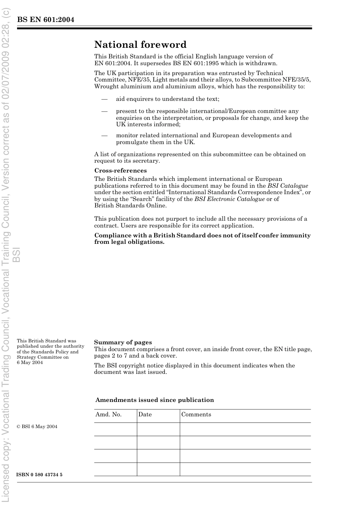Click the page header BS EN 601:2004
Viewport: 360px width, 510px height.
click(x=45, y=20)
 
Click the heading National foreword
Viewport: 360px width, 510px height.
click(x=140, y=45)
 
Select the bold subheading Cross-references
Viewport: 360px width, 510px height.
click(x=121, y=171)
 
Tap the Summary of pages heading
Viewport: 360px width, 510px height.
click(x=123, y=342)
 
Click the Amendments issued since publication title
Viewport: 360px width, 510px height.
click(x=155, y=400)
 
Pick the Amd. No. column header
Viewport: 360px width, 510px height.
click(x=108, y=414)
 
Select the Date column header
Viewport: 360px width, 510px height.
click(x=145, y=414)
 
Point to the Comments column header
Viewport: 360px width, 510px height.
click(x=196, y=414)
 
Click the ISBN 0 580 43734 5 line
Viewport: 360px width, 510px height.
click(x=39, y=475)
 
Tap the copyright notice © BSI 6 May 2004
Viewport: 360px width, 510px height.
click(x=37, y=427)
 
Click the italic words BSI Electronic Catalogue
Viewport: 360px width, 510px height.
click(x=229, y=199)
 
